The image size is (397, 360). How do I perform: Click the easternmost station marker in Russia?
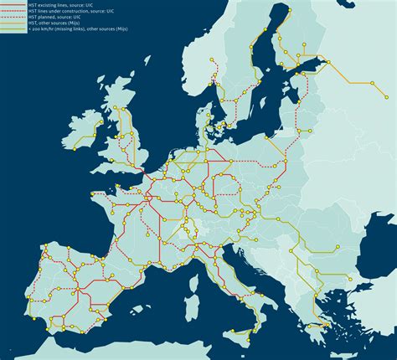391,85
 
